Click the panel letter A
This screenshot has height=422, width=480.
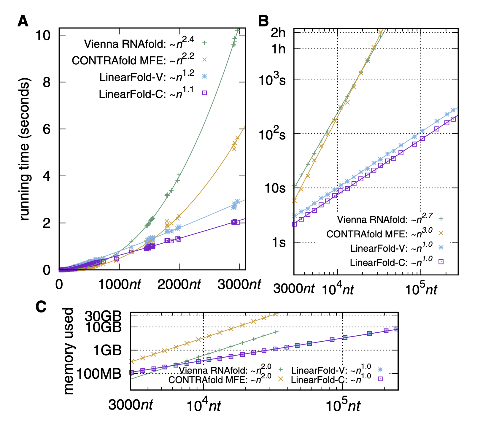coord(23,22)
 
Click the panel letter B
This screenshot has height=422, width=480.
coord(263,22)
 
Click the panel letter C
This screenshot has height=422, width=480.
coord(41,307)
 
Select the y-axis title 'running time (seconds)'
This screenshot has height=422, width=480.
coord(25,149)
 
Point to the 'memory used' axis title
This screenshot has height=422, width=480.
coord(69,351)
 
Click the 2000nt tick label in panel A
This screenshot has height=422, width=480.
coord(179,285)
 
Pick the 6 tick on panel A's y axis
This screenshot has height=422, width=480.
coord(47,129)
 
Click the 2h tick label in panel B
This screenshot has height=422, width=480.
coord(278,33)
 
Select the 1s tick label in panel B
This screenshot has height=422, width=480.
coord(279,242)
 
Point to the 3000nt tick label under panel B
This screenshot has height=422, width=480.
coord(294,288)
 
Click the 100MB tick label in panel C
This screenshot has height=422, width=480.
coord(99,374)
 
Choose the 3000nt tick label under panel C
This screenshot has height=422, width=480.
coord(131,405)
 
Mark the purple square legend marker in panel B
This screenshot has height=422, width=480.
coord(441,261)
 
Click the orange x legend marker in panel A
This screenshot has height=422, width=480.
coord(204,60)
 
